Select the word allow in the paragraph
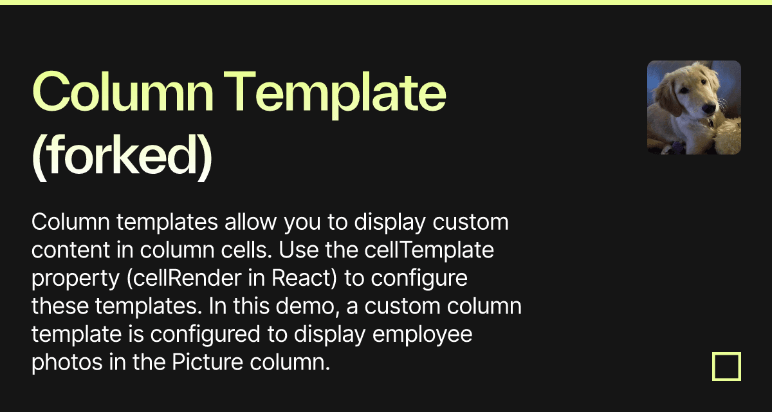(x=244, y=223)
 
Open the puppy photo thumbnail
(x=694, y=108)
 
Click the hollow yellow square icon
(x=726, y=366)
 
